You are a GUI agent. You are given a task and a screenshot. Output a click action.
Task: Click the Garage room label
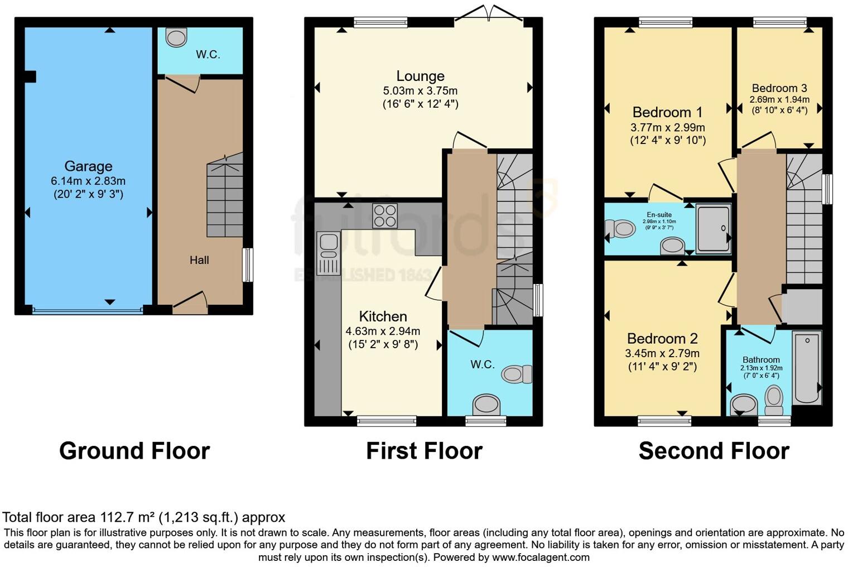[x=88, y=166]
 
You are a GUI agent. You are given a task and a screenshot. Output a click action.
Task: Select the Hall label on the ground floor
[x=199, y=260]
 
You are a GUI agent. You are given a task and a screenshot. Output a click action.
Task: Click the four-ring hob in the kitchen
[x=385, y=216]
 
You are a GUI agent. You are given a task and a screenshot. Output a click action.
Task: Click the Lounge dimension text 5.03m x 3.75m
[x=420, y=90]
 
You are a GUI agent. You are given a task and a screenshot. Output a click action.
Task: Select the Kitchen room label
[x=383, y=316]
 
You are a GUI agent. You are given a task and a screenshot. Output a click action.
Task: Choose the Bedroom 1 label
[x=667, y=112]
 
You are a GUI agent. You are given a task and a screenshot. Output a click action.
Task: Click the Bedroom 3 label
[x=779, y=88]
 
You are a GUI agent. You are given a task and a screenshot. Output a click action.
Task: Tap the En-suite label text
[x=659, y=215]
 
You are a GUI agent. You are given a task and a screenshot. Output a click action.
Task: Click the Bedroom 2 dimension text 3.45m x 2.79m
[x=662, y=353]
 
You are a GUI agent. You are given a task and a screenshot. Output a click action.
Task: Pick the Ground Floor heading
[x=134, y=451]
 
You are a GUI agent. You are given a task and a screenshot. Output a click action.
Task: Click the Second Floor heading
[x=714, y=451]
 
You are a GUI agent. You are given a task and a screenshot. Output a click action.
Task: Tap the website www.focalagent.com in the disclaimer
[x=540, y=557]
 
